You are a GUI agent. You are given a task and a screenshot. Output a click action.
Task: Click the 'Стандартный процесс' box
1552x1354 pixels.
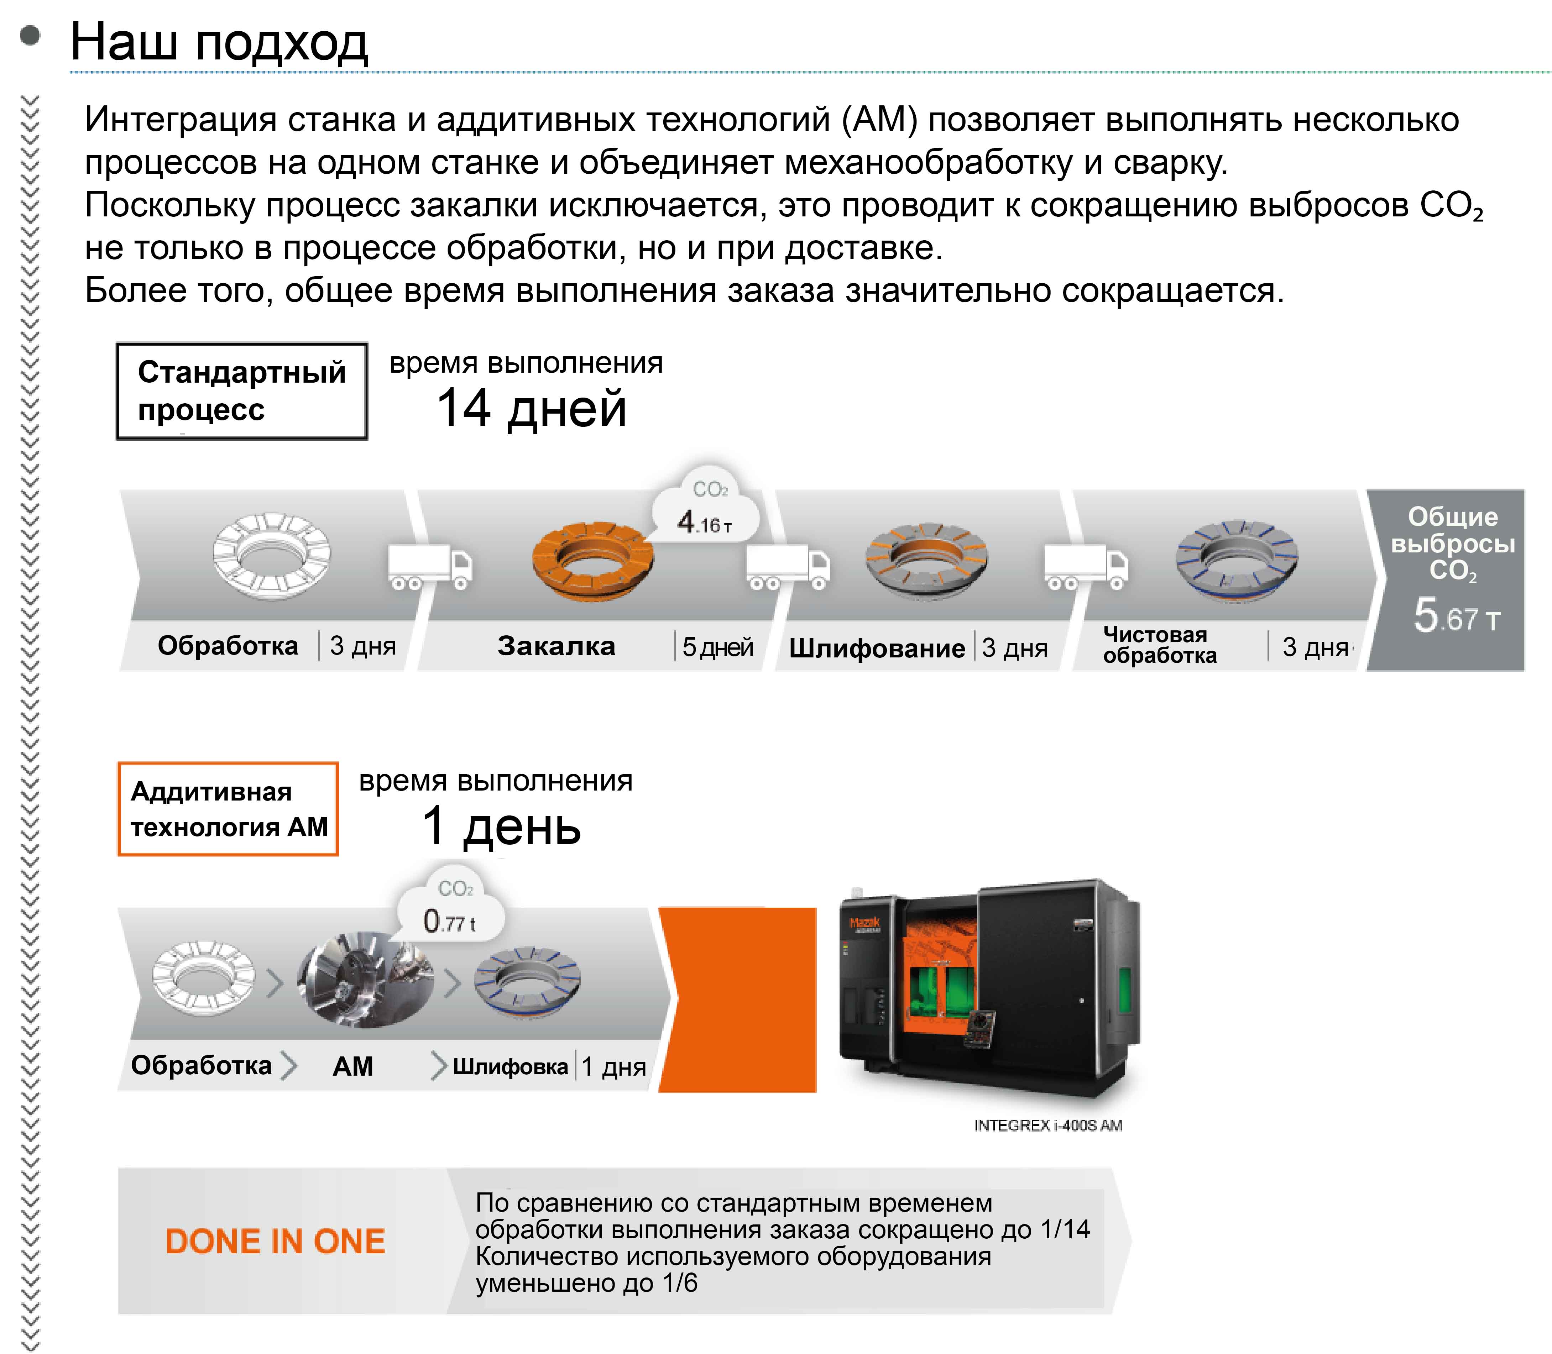tap(242, 390)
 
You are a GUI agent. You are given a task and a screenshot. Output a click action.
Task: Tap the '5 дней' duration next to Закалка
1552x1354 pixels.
tap(718, 647)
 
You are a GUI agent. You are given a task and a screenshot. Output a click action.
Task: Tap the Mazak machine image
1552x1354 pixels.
tap(990, 990)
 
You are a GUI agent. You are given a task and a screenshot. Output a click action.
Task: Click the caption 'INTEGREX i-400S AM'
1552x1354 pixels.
tap(1048, 1125)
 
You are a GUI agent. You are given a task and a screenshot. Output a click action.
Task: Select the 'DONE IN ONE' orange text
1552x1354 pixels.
tap(275, 1242)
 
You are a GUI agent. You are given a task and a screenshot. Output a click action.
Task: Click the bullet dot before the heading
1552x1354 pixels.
tap(30, 36)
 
